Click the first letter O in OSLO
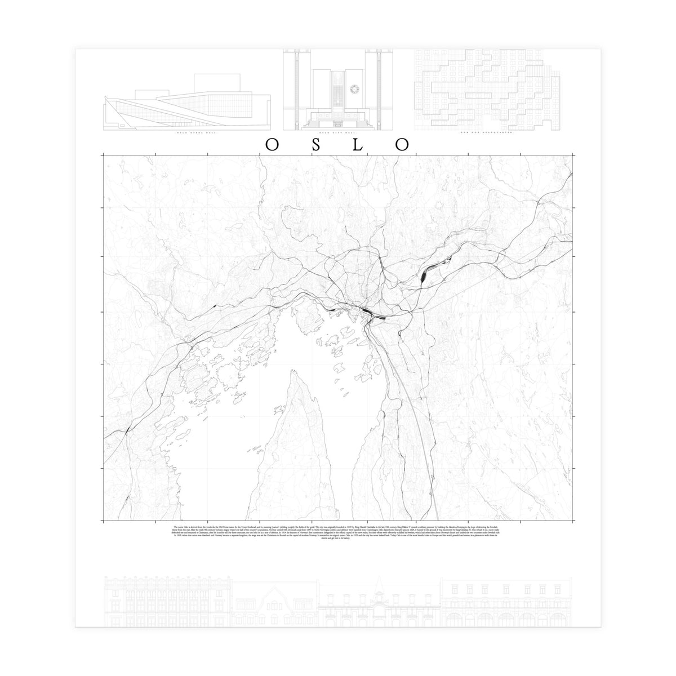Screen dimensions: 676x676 pyautogui.click(x=272, y=145)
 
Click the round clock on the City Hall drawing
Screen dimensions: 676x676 pyautogui.click(x=354, y=88)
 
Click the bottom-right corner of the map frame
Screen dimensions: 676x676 pyautogui.click(x=573, y=519)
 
